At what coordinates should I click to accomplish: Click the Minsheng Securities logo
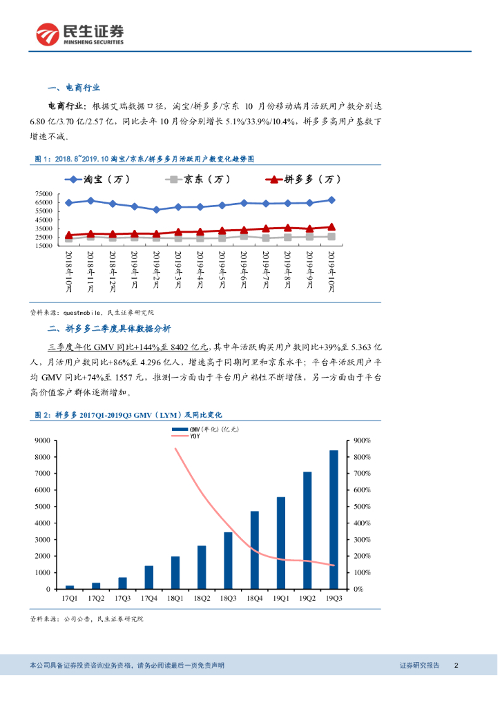pyautogui.click(x=80, y=33)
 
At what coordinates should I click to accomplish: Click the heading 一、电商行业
pyautogui.click(x=74, y=88)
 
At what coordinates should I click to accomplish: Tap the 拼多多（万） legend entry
pyautogui.click(x=304, y=180)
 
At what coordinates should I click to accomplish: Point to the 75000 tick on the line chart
pyautogui.click(x=44, y=195)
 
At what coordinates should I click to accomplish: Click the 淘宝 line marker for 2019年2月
pyautogui.click(x=157, y=209)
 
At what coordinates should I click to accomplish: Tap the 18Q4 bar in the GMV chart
pyautogui.click(x=254, y=550)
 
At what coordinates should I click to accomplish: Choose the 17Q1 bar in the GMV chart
pyautogui.click(x=70, y=586)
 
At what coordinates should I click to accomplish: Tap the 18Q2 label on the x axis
pyautogui.click(x=202, y=600)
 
